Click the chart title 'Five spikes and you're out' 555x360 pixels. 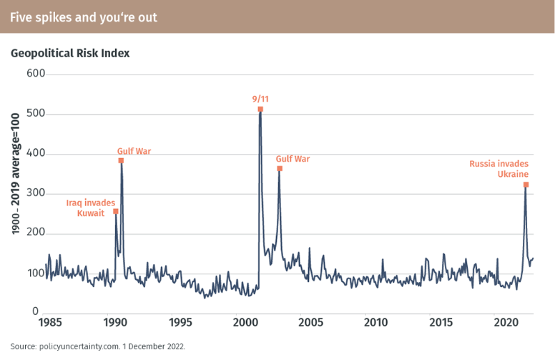tap(84, 16)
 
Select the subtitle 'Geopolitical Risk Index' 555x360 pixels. tap(70, 53)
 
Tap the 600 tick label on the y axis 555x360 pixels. tap(36, 74)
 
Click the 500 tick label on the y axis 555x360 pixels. tap(36, 114)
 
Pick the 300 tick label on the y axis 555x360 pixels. tap(36, 193)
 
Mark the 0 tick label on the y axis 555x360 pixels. tap(35, 313)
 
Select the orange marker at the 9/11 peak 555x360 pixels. tap(260, 110)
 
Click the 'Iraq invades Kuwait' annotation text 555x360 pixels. tap(91, 208)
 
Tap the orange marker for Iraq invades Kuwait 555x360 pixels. tap(116, 212)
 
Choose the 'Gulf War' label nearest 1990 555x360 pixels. tap(134, 151)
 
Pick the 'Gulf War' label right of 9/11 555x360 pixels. tap(293, 159)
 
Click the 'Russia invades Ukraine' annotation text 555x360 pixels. tap(499, 169)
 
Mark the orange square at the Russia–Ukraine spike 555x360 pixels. tap(526, 185)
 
